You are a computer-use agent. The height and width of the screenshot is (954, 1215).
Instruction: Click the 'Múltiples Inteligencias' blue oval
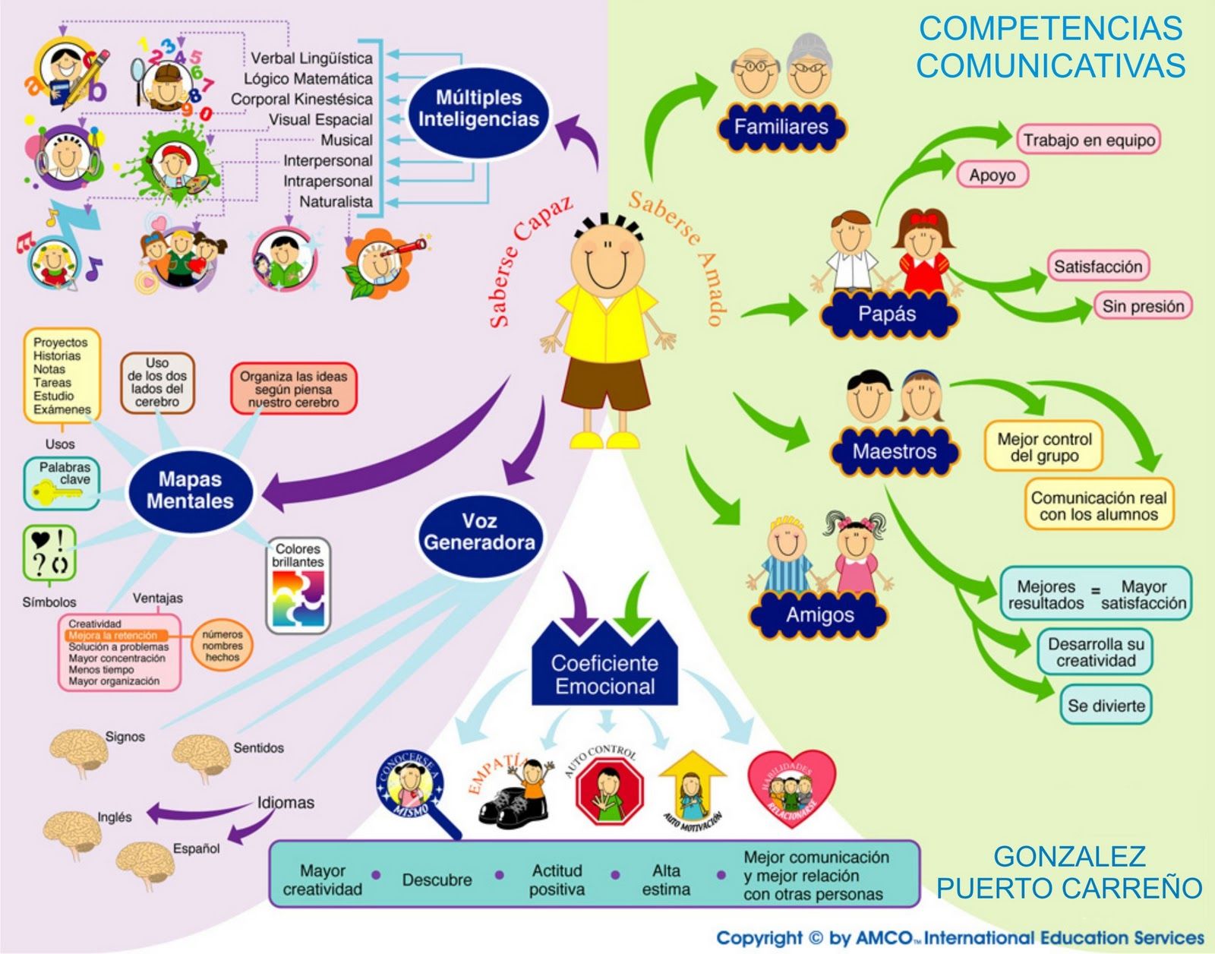click(478, 109)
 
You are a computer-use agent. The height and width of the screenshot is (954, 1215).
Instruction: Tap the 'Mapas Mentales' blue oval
click(190, 490)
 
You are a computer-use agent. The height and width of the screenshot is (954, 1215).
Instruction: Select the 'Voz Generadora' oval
click(479, 532)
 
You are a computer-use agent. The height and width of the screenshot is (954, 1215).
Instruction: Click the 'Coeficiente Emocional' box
click(604, 674)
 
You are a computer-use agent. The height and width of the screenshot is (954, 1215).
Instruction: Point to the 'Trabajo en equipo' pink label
click(1088, 140)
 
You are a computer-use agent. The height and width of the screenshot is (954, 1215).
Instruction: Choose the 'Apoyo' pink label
click(992, 175)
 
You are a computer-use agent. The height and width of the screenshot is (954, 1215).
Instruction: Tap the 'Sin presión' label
click(1143, 306)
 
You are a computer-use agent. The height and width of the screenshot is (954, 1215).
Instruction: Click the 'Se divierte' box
click(1106, 706)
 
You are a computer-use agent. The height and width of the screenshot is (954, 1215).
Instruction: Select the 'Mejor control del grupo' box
click(1044, 447)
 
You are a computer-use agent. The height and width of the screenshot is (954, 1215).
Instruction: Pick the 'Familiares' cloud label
click(781, 127)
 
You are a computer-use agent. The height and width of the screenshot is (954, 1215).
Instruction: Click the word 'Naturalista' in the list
click(336, 202)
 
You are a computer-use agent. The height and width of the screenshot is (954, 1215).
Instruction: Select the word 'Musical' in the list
click(346, 141)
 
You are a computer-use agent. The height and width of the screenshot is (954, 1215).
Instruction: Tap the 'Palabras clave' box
click(62, 482)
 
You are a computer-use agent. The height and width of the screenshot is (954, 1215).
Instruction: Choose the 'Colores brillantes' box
click(298, 586)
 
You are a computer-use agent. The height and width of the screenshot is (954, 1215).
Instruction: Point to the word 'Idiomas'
click(286, 803)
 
